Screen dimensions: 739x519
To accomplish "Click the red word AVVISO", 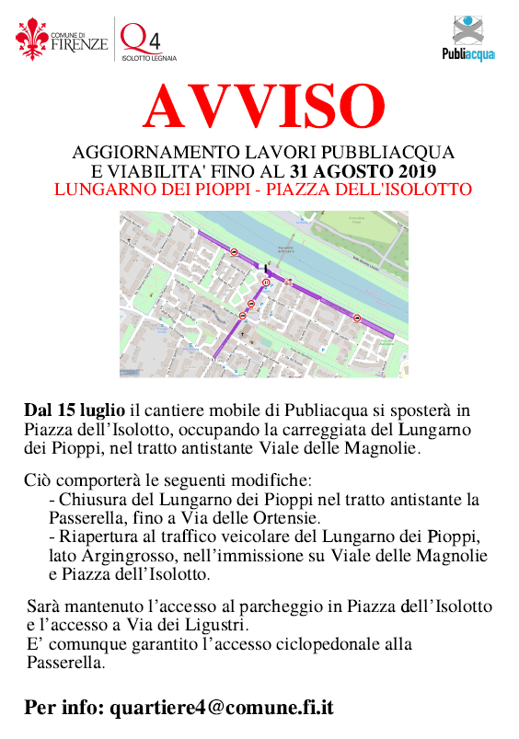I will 262,108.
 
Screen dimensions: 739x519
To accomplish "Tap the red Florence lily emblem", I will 31,39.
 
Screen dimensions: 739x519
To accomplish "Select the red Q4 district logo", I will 137,38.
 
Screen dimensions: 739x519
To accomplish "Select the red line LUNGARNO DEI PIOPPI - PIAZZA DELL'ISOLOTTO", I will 262,191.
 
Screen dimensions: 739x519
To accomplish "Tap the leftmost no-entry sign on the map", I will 236,251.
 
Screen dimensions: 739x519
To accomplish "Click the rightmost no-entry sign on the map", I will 356,318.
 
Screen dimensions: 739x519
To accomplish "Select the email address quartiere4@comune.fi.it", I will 221,708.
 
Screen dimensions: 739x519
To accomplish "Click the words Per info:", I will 64,708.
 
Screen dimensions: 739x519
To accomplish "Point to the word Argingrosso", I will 120,556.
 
